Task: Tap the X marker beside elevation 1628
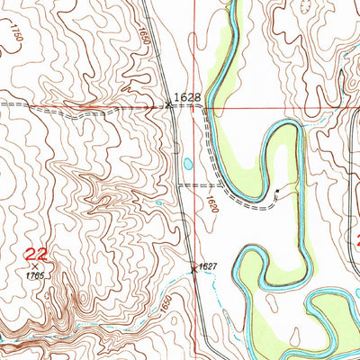(x=170, y=105)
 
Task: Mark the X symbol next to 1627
(x=193, y=266)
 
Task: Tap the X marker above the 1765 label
(x=35, y=265)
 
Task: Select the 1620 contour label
(x=211, y=204)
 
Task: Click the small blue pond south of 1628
(x=186, y=164)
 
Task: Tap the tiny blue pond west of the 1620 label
(x=159, y=202)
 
